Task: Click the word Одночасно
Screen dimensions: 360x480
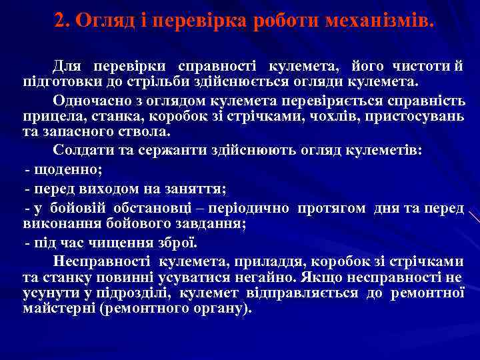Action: coord(88,100)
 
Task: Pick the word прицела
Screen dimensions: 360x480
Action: coord(47,115)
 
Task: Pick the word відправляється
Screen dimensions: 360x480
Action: coord(299,293)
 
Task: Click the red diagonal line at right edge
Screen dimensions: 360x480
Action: coord(474,217)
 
